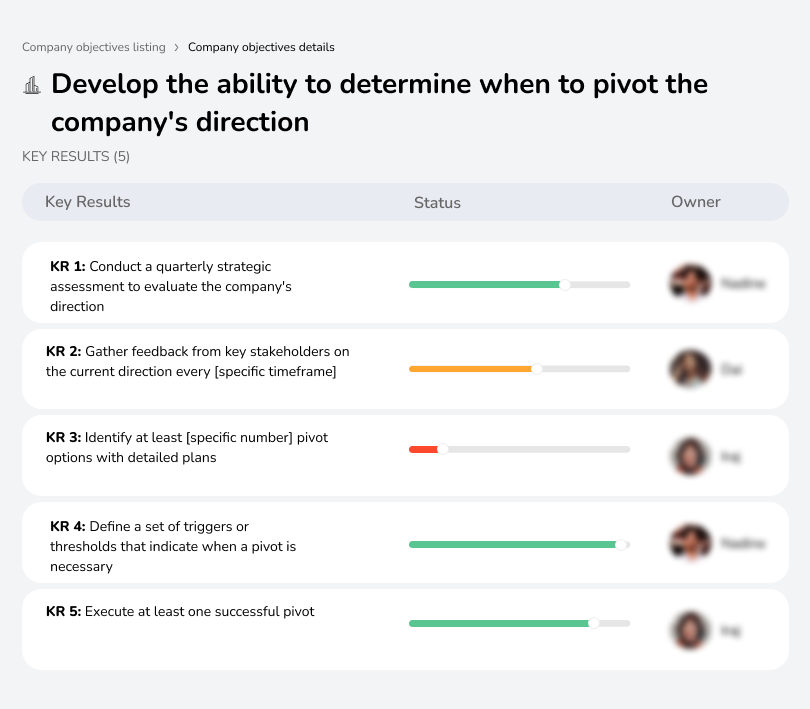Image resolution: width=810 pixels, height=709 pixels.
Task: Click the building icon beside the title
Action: click(x=31, y=86)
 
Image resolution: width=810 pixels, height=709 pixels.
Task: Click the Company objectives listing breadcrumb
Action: click(x=93, y=47)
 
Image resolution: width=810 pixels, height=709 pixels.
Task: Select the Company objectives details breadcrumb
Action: click(x=261, y=47)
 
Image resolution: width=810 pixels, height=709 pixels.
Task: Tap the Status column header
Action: click(x=437, y=202)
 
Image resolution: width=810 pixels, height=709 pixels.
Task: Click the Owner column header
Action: click(x=695, y=202)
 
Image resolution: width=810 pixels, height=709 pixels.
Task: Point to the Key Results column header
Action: click(x=88, y=202)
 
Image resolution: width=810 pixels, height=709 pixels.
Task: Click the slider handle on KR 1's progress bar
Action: click(x=565, y=285)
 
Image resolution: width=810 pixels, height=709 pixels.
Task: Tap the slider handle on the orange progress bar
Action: click(x=537, y=369)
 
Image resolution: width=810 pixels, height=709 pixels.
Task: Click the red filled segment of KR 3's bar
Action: click(x=423, y=450)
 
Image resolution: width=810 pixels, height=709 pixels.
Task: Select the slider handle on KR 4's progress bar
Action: click(x=621, y=545)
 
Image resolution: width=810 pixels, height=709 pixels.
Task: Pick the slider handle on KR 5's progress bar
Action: click(x=593, y=623)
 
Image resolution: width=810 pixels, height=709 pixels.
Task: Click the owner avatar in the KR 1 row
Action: click(x=690, y=284)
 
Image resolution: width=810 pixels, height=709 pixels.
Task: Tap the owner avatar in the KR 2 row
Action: click(x=690, y=369)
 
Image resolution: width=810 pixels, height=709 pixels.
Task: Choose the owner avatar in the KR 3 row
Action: click(x=690, y=456)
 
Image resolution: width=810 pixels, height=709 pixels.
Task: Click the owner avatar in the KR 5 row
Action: click(x=690, y=630)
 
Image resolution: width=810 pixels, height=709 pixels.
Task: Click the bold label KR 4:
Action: click(x=68, y=527)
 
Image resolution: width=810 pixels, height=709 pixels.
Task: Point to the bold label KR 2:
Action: click(x=64, y=352)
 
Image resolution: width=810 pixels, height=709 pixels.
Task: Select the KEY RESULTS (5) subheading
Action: click(x=76, y=156)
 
